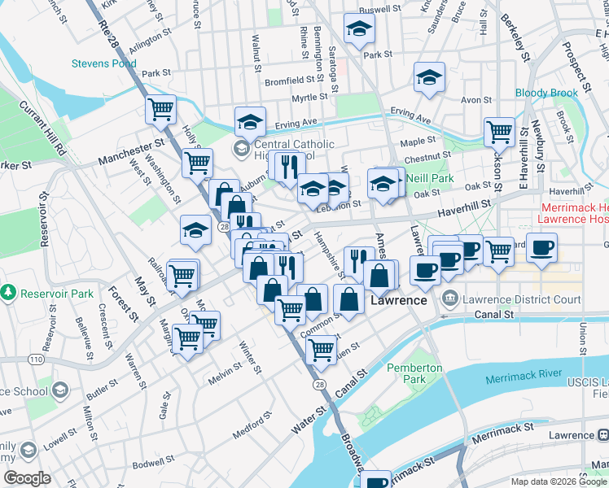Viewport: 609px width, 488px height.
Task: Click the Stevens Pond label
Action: click(103, 63)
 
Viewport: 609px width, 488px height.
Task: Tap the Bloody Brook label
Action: click(546, 93)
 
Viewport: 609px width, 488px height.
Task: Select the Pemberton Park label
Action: click(415, 373)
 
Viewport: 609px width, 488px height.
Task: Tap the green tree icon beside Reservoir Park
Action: click(9, 291)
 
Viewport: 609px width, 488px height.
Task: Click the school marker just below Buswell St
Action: click(357, 29)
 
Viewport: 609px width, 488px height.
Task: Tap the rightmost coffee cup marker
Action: click(541, 246)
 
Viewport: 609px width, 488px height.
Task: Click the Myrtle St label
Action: click(309, 98)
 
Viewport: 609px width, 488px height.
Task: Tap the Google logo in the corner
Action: click(28, 477)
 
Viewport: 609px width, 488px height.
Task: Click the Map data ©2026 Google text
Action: click(559, 481)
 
